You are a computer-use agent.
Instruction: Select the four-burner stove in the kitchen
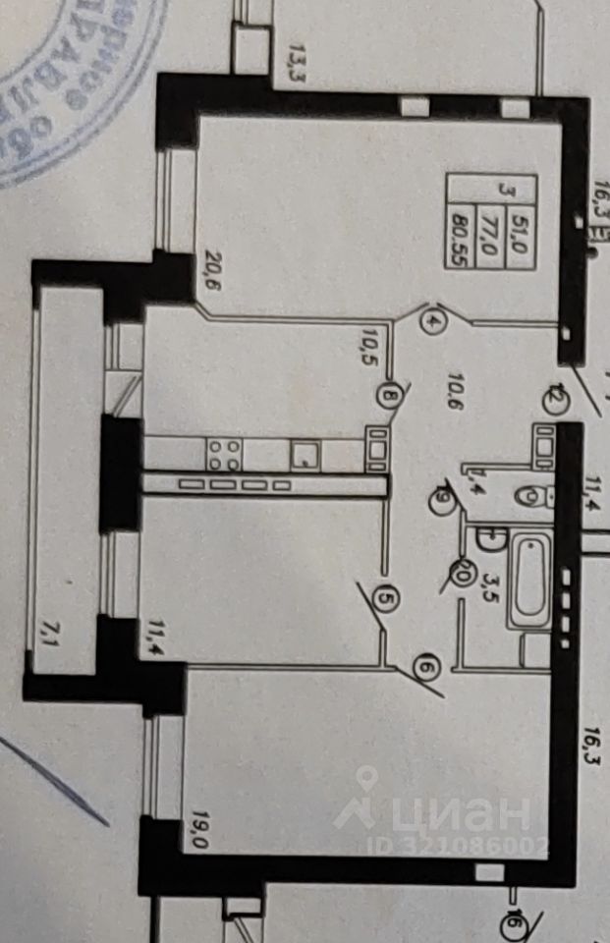224,454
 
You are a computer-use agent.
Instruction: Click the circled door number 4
435,320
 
